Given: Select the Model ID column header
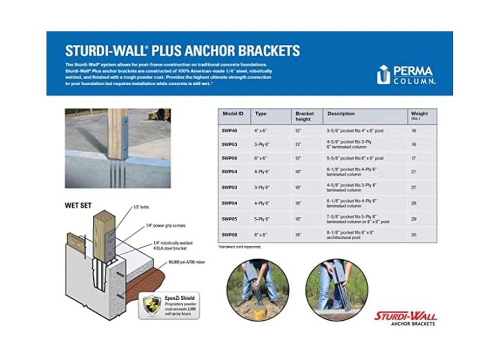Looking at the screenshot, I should point(233,113).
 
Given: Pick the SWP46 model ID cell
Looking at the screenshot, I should point(230,131).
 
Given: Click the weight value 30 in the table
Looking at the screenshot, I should point(414,235).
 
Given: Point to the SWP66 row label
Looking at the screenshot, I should point(230,158).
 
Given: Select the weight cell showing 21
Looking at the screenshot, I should point(414,171).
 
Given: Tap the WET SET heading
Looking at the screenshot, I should point(78,205).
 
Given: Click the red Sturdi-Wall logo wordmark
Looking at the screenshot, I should point(405,315).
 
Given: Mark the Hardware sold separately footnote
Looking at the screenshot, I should point(240,247).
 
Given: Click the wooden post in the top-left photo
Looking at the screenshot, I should point(117,133).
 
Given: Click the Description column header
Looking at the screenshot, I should point(341,113).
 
